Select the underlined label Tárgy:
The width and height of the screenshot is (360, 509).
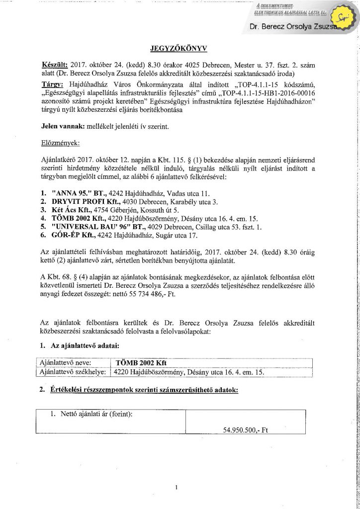[52, 84]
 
